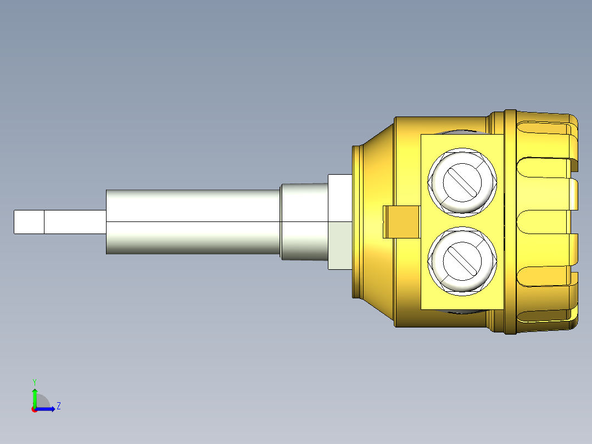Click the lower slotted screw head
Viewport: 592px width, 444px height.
(x=462, y=260)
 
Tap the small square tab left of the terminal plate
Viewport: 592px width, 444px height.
(x=401, y=222)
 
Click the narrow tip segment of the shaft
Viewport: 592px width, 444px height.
(x=29, y=221)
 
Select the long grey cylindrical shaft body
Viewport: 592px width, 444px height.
(x=192, y=221)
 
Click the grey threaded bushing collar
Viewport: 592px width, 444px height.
(x=304, y=221)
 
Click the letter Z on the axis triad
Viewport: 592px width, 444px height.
(x=58, y=406)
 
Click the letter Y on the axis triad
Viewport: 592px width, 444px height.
(x=35, y=381)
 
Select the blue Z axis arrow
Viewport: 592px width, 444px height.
(x=47, y=409)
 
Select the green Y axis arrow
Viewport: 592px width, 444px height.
(x=35, y=397)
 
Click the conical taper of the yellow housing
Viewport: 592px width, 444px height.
(x=379, y=165)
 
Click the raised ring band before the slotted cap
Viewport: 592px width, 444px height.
(x=510, y=221)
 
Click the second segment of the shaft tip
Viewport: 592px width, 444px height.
(x=75, y=221)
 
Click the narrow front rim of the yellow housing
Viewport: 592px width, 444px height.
(x=356, y=221)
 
